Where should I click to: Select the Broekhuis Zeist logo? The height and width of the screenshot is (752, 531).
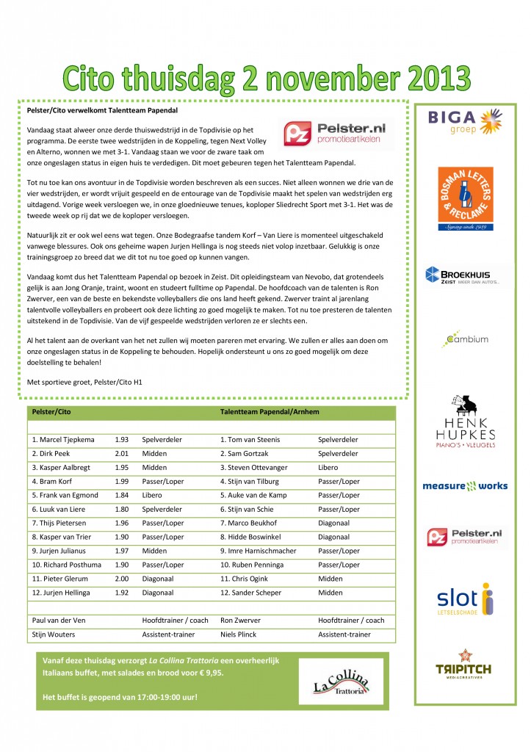464,276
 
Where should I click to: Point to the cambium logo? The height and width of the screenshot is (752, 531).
465,339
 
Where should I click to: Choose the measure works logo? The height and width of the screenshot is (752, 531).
465,485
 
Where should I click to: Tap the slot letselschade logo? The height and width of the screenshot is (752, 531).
465,599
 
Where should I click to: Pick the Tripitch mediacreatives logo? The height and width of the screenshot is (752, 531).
464,662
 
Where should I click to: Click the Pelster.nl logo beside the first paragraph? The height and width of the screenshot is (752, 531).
337,134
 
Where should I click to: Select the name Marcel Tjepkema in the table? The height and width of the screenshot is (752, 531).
63,439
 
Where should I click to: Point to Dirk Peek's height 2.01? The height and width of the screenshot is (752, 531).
122,453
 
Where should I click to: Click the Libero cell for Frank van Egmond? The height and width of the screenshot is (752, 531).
153,495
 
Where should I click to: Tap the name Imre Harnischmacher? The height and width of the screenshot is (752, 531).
261,551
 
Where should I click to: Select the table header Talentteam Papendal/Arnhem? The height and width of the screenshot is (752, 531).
270,412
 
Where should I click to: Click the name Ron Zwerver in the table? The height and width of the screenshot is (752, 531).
241,620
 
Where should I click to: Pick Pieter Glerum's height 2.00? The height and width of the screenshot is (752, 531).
122,579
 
